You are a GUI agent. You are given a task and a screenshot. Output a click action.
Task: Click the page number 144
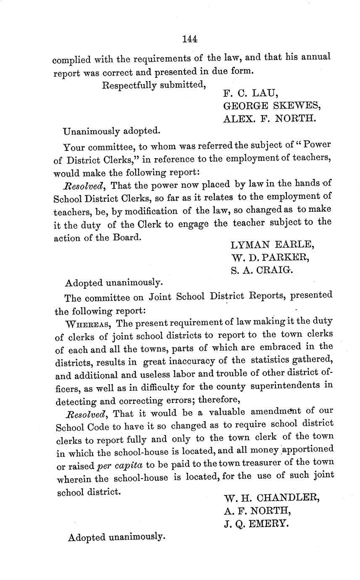pos(190,39)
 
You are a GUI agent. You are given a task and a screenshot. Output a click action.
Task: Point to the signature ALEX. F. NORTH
pos(269,119)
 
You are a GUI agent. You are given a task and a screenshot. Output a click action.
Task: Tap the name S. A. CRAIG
pos(261,270)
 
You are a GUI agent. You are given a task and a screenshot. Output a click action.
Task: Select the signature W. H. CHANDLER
pos(272,498)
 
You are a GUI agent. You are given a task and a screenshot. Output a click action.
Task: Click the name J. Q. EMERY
pos(256,524)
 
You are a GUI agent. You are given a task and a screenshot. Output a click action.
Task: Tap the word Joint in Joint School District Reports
pos(160,297)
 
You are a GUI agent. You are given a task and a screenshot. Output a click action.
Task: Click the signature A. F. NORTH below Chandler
pos(257,511)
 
